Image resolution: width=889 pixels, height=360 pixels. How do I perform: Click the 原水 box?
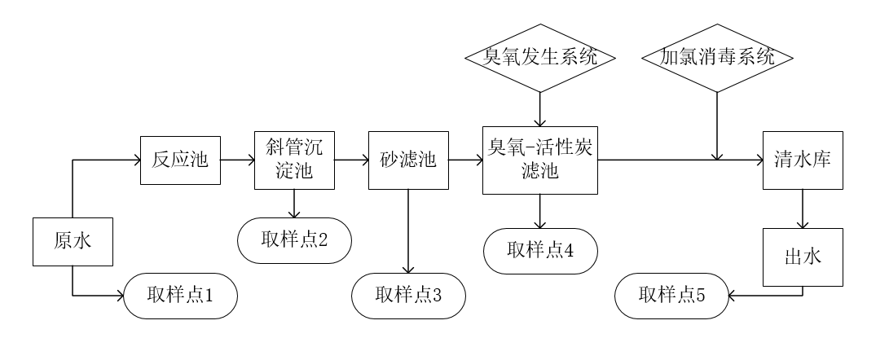73,241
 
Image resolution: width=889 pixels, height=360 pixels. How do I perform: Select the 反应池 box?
180,160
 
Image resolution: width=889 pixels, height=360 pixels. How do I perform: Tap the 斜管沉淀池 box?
294,160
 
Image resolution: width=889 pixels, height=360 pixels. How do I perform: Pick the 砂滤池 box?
408,160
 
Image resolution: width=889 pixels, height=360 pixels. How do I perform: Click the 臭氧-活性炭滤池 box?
539,160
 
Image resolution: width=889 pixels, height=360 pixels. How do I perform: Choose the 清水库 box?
802,160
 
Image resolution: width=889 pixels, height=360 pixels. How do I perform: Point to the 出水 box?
803,257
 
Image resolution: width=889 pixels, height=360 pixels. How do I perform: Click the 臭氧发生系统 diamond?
539,58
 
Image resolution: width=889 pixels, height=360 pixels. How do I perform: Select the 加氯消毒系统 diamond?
716,58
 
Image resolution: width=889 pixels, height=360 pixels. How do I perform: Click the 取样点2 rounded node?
294,239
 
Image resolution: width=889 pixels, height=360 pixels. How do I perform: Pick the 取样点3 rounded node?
408,294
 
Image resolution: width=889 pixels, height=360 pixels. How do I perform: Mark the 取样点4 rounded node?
540,251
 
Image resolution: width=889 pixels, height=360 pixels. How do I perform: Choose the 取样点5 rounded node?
671,294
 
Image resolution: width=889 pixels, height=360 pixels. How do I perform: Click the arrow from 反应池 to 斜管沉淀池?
237,160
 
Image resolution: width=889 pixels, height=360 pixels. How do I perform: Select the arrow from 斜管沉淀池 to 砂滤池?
351,160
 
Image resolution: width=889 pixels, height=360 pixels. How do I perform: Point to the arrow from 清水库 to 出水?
803,209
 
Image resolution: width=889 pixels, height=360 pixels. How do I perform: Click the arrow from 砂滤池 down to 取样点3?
408,231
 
